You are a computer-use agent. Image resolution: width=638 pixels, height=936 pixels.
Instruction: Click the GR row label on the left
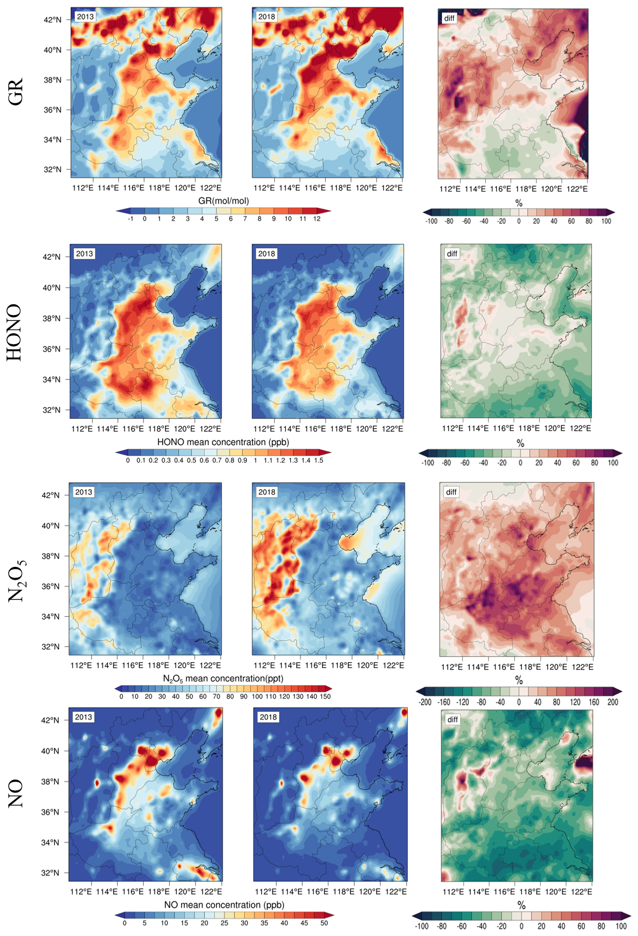[x=16, y=92]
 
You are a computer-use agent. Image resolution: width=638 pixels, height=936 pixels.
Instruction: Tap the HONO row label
[x=14, y=333]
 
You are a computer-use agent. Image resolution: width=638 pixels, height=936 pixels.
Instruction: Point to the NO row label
[x=16, y=793]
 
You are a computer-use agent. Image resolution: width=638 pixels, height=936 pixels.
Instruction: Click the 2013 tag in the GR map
[x=85, y=17]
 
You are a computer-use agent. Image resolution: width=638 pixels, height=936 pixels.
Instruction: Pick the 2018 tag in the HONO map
[x=266, y=253]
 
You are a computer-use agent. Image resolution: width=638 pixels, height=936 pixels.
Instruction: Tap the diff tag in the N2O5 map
[x=452, y=492]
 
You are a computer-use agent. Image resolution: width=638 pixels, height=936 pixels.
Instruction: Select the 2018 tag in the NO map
[x=268, y=717]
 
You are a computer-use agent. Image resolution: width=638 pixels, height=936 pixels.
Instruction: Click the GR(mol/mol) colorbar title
[x=223, y=201]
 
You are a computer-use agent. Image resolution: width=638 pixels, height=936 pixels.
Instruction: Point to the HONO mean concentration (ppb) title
[x=223, y=442]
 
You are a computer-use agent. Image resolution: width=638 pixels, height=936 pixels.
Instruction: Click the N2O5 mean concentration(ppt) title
[x=223, y=679]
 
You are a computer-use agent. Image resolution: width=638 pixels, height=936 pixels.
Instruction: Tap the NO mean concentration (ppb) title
[x=224, y=905]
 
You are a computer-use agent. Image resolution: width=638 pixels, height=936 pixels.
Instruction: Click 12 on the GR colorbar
[x=317, y=219]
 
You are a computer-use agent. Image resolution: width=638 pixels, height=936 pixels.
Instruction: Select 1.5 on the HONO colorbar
[x=319, y=460]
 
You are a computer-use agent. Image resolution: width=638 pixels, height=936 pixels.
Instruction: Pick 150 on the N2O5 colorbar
[x=325, y=697]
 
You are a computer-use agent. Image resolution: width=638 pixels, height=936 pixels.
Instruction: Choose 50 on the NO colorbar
[x=324, y=923]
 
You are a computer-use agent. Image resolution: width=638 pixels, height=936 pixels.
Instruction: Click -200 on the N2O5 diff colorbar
[x=425, y=702]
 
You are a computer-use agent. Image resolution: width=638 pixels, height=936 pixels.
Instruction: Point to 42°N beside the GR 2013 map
[x=52, y=20]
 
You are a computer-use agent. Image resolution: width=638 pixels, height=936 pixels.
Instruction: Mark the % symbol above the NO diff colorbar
[x=521, y=905]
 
